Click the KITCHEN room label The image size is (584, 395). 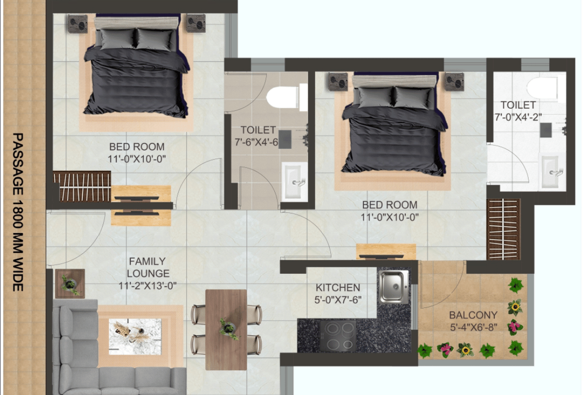pyautogui.click(x=338, y=287)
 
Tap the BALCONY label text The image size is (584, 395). pyautogui.click(x=473, y=315)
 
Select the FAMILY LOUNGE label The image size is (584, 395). pyautogui.click(x=148, y=267)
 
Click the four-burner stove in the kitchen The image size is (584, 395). pyautogui.click(x=338, y=336)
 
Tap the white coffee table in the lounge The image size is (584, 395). pyautogui.click(x=135, y=337)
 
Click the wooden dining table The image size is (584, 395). pyautogui.click(x=226, y=330)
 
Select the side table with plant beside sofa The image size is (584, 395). pyautogui.click(x=70, y=284)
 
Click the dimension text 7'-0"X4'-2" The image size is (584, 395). pyautogui.click(x=518, y=117)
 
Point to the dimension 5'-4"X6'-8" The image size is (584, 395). pyautogui.click(x=473, y=328)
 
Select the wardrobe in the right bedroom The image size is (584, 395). pyautogui.click(x=503, y=229)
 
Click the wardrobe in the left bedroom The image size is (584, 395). pyautogui.click(x=82, y=187)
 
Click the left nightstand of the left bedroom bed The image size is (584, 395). pyautogui.click(x=78, y=24)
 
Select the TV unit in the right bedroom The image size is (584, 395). pyautogui.click(x=386, y=252)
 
